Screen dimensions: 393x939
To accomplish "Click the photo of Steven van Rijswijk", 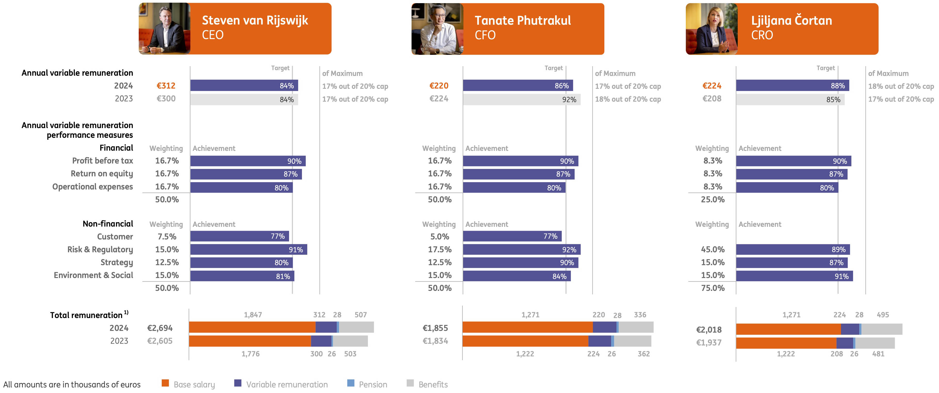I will (164, 28).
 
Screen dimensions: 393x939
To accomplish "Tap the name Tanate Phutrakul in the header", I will (522, 20).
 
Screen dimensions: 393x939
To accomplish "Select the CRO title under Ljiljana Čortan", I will (761, 35).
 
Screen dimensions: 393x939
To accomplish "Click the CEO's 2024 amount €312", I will (166, 86).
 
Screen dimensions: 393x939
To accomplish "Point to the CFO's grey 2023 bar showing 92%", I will (521, 99).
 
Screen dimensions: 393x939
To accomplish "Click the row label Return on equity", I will (102, 173).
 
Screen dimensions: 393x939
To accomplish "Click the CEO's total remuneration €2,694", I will (160, 328).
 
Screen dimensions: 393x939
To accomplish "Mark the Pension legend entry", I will (367, 384).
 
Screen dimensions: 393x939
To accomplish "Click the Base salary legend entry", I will (188, 384).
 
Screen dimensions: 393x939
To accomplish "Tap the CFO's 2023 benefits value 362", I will (643, 354).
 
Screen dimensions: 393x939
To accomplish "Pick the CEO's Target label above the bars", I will (280, 68).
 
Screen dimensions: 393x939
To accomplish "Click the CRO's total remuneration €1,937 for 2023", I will (708, 342).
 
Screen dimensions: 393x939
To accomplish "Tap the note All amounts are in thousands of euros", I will (72, 384).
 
